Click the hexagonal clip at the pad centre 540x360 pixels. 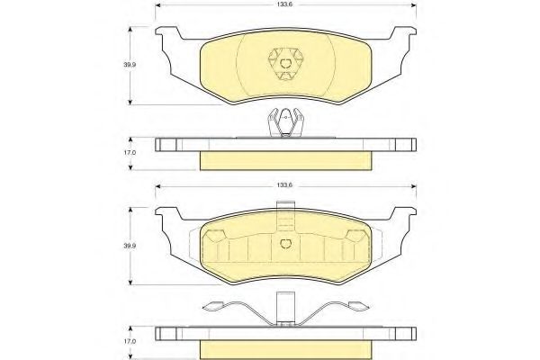284,63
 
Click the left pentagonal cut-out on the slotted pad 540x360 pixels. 216,238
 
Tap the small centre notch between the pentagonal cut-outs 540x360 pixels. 284,243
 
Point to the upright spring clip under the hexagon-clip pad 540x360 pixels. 284,121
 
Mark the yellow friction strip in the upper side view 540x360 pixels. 284,159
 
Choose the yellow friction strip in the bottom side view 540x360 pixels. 284,346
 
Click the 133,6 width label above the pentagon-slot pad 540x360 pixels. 284,184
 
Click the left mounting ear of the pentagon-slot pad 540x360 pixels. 167,219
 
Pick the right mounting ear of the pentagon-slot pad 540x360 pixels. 403,219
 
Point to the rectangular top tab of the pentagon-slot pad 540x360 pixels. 284,208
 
